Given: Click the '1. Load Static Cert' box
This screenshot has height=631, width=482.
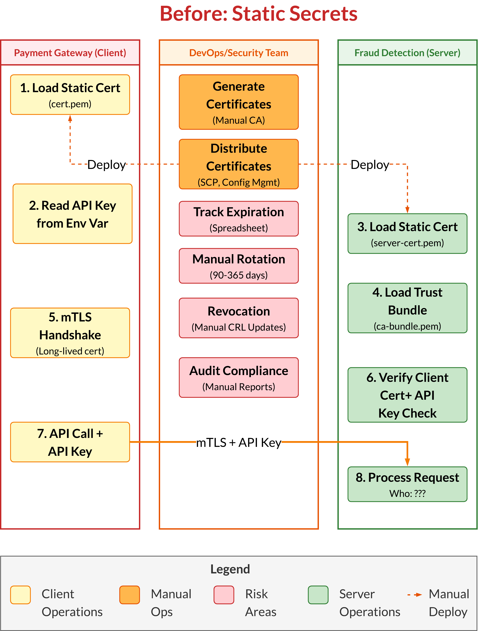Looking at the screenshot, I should click(70, 95).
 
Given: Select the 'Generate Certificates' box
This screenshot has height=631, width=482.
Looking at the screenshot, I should click(239, 102).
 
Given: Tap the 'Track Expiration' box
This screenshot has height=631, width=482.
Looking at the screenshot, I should click(239, 219).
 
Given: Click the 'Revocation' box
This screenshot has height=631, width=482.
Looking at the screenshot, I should click(239, 318).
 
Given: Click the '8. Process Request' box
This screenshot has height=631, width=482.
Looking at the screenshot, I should click(407, 484).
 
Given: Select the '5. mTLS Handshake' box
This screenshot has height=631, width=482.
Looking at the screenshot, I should click(70, 333).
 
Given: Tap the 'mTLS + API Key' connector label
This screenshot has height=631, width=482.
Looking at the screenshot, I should click(239, 442).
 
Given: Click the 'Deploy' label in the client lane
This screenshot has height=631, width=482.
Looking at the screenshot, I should click(107, 165).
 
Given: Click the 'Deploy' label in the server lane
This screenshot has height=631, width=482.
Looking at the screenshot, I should click(370, 165).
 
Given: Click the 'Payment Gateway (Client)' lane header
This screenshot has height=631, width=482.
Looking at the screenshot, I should click(70, 53).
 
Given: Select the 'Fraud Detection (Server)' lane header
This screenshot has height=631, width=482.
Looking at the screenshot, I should click(407, 53).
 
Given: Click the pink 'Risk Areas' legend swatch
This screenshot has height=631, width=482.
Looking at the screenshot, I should click(224, 595).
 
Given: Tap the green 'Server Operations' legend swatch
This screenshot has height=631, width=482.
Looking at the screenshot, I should click(318, 595).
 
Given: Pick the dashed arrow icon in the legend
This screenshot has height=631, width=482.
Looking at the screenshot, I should click(415, 595).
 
